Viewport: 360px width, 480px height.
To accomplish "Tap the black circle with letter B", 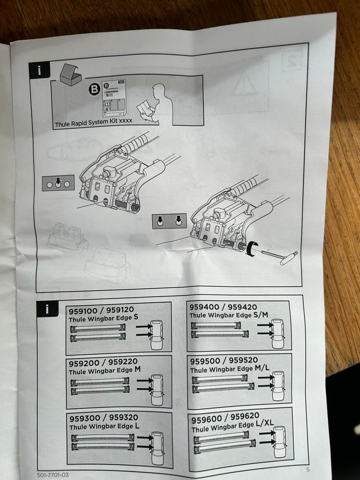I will click(x=94, y=89).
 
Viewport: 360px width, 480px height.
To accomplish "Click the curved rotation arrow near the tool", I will click(x=252, y=248).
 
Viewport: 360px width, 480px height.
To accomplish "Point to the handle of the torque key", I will click(x=288, y=258).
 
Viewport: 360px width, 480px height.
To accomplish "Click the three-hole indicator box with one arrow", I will click(x=58, y=183).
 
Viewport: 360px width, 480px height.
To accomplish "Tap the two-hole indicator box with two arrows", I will click(x=169, y=221).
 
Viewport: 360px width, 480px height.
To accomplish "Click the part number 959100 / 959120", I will click(x=101, y=310).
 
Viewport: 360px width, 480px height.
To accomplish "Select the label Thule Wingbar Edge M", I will click(x=105, y=370).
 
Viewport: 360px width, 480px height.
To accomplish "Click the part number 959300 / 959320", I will click(x=103, y=418).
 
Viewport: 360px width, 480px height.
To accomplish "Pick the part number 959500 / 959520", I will click(x=224, y=360).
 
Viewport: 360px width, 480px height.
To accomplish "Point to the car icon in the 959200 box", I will click(x=157, y=390).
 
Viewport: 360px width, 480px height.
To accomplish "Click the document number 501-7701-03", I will click(x=52, y=475).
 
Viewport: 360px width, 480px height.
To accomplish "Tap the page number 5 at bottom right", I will click(x=307, y=469).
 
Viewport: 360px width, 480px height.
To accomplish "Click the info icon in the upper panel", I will click(x=39, y=70).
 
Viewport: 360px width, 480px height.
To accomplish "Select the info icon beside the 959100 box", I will click(x=48, y=309).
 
